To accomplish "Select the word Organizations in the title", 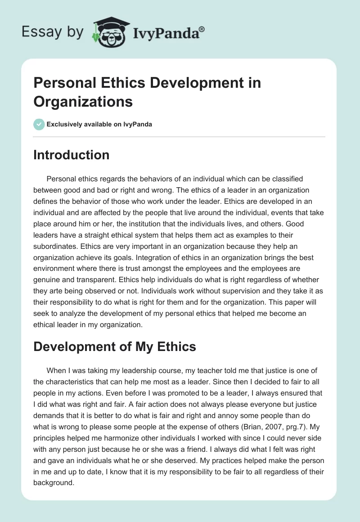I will click(83, 101).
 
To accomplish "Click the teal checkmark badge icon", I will click(39, 124).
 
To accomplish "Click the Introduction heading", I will click(72, 155).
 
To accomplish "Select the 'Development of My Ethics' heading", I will click(115, 346).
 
